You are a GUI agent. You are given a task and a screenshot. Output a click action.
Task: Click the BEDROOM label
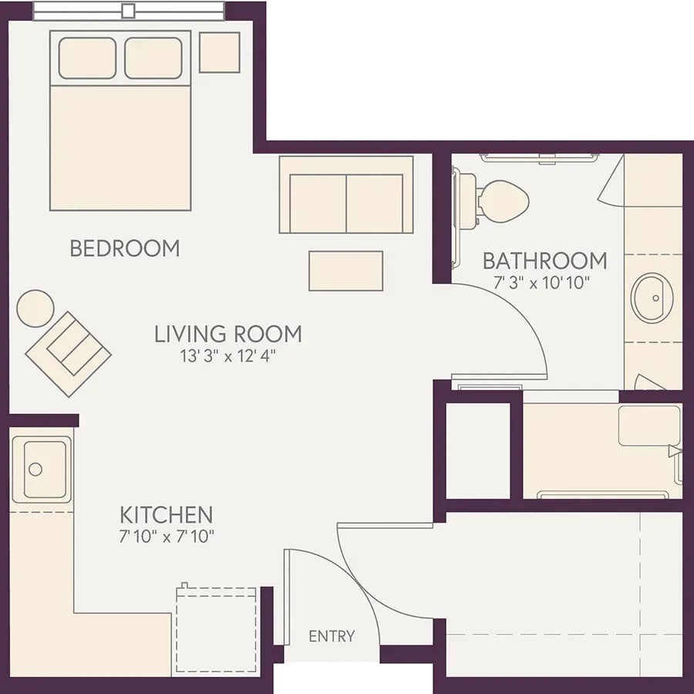pyautogui.click(x=125, y=248)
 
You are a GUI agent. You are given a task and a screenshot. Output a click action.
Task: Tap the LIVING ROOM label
pyautogui.click(x=228, y=334)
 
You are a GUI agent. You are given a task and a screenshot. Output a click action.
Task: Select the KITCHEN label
pyautogui.click(x=167, y=515)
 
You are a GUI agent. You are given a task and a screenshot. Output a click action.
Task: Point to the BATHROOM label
pyautogui.click(x=545, y=261)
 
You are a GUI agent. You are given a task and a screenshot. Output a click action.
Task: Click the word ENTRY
pyautogui.click(x=332, y=636)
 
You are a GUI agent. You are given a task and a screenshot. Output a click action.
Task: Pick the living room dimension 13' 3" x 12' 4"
pyautogui.click(x=228, y=355)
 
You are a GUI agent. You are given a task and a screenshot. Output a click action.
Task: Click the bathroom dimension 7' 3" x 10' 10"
pyautogui.click(x=542, y=282)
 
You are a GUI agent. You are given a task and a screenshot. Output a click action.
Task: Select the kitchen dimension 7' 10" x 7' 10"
pyautogui.click(x=167, y=537)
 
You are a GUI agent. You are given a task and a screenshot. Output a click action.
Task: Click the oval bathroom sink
pyautogui.click(x=652, y=297)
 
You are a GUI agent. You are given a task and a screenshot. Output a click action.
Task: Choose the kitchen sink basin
pyautogui.click(x=42, y=469)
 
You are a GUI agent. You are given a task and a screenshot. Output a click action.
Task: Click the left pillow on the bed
pyautogui.click(x=87, y=58)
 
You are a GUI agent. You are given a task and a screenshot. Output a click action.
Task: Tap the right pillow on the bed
pyautogui.click(x=153, y=58)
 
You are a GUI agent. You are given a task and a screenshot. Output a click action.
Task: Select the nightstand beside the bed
pyautogui.click(x=220, y=52)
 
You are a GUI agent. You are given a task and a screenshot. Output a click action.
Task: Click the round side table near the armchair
pyautogui.click(x=35, y=308)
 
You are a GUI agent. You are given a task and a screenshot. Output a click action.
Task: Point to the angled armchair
pyautogui.click(x=68, y=354)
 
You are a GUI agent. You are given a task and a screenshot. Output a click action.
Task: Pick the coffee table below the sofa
pyautogui.click(x=345, y=271)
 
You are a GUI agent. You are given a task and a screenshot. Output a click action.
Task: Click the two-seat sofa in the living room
pyautogui.click(x=346, y=194)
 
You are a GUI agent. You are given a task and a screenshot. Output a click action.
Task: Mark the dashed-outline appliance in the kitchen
pyautogui.click(x=216, y=629)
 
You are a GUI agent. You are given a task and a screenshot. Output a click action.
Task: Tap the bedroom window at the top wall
pyautogui.click(x=128, y=11)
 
